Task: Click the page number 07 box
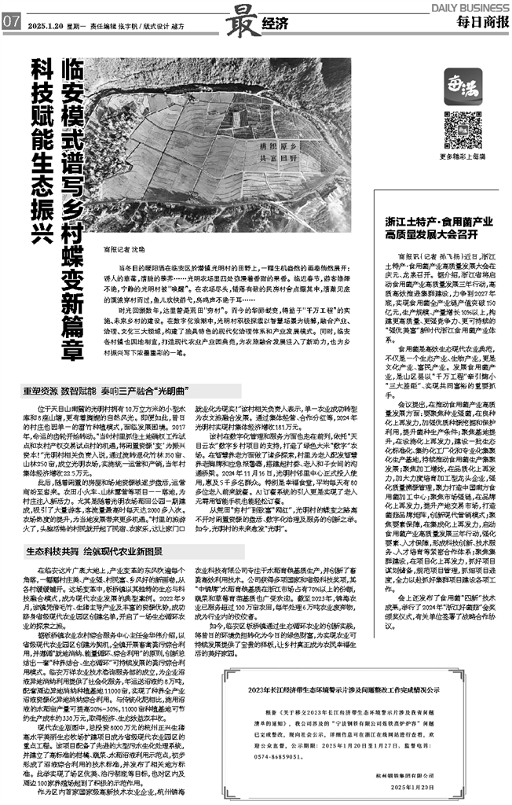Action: (x=12, y=23)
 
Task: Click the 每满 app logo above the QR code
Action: (x=461, y=83)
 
